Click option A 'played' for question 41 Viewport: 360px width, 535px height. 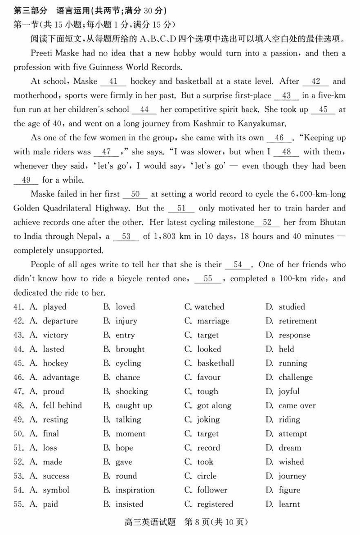(54, 307)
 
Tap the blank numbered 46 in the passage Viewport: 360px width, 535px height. (279, 138)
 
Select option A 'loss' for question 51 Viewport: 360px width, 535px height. (49, 448)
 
